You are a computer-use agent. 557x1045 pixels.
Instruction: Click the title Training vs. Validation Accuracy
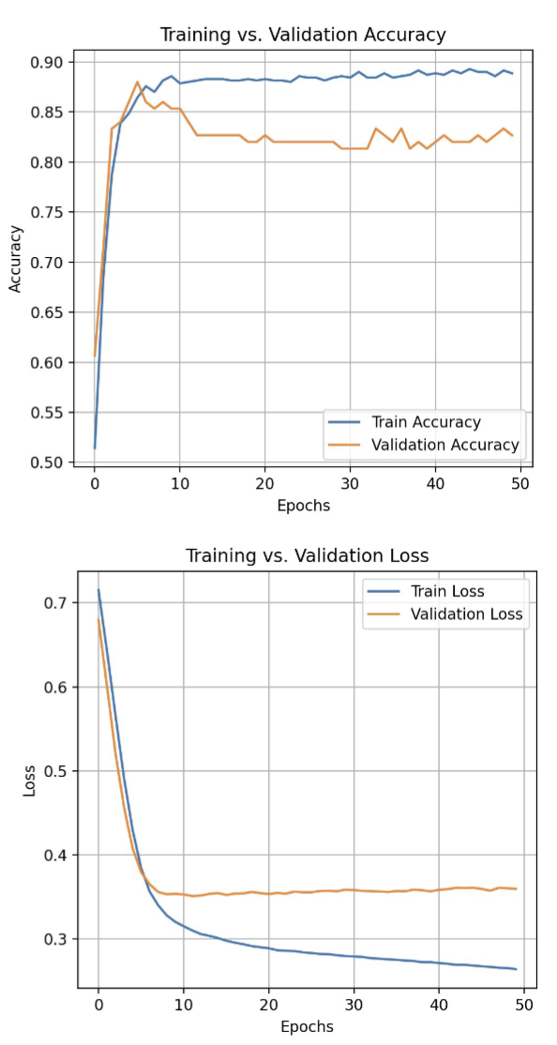click(303, 35)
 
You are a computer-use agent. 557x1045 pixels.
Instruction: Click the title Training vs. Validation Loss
click(307, 555)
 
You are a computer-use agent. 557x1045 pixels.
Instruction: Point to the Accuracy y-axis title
click(15, 259)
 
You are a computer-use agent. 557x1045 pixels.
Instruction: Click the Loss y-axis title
click(29, 780)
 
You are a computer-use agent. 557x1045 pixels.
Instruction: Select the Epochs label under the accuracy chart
click(303, 506)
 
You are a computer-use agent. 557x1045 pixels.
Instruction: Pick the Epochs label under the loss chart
click(308, 1027)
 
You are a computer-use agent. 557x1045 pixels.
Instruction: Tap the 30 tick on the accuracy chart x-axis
click(351, 483)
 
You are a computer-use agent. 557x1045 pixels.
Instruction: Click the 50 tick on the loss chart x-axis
click(524, 1005)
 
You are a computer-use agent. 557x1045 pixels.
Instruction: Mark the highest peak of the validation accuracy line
click(137, 82)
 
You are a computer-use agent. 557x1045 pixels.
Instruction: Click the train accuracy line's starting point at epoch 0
click(95, 447)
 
